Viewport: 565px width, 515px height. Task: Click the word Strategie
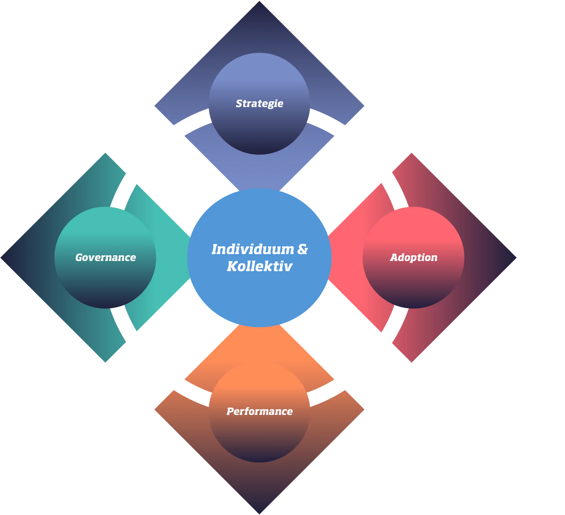coord(259,104)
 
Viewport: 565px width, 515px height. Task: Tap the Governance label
coord(106,257)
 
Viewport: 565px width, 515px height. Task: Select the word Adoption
coord(414,257)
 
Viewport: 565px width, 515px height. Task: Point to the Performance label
coord(259,411)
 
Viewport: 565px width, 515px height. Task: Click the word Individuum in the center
coord(252,249)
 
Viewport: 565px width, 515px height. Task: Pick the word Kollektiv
coord(259,266)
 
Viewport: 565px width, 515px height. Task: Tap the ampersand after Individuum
coord(302,249)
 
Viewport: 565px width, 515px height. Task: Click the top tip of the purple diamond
coord(260,3)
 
